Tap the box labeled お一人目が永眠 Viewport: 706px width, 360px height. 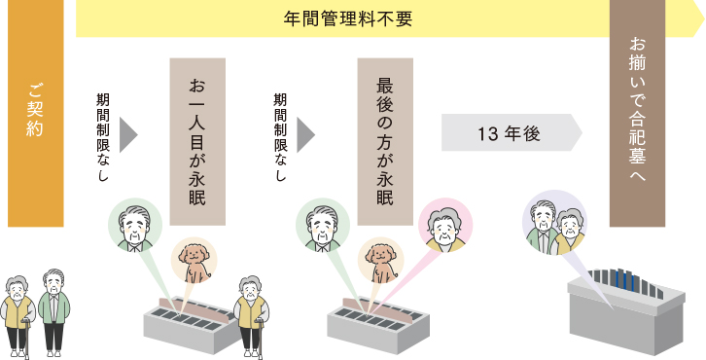[198, 134]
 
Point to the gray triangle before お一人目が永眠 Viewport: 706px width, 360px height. [128, 132]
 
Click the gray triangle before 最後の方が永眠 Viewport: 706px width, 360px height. [306, 132]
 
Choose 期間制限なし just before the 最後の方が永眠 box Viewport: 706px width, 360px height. [280, 134]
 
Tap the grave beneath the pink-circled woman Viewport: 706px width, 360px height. [379, 327]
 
